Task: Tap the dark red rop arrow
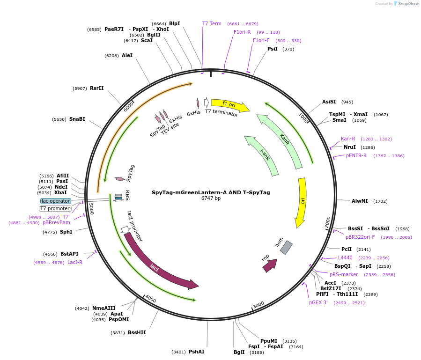pyautogui.click(x=270, y=265)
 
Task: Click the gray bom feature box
pyautogui.click(x=286, y=248)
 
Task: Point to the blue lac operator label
pyautogui.click(x=56, y=201)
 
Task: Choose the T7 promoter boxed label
pyautogui.click(x=55, y=209)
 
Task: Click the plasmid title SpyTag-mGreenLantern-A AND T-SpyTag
pyautogui.click(x=211, y=192)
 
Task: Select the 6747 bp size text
pyautogui.click(x=211, y=198)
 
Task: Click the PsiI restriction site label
pyautogui.click(x=273, y=49)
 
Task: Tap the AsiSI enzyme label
pyautogui.click(x=329, y=102)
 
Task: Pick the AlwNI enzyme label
pyautogui.click(x=360, y=201)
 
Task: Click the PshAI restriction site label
pyautogui.click(x=197, y=352)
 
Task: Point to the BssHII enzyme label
pyautogui.click(x=137, y=332)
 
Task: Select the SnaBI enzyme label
pyautogui.click(x=77, y=119)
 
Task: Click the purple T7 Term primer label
pyautogui.click(x=212, y=23)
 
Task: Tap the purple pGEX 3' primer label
pyautogui.click(x=318, y=302)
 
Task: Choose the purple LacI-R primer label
pyautogui.click(x=75, y=262)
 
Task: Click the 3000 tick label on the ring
pyautogui.click(x=259, y=305)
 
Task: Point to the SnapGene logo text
pyautogui.click(x=408, y=3)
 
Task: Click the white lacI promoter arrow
pyautogui.click(x=125, y=229)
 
